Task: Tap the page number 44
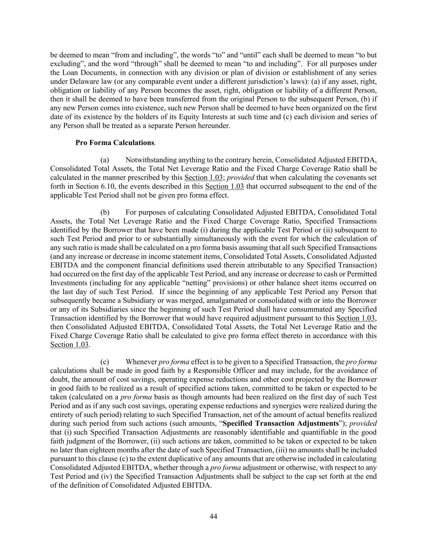(x=214, y=516)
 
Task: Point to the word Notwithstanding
(x=151, y=161)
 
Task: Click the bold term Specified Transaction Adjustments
(x=280, y=423)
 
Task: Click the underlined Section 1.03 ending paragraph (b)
(x=69, y=345)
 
